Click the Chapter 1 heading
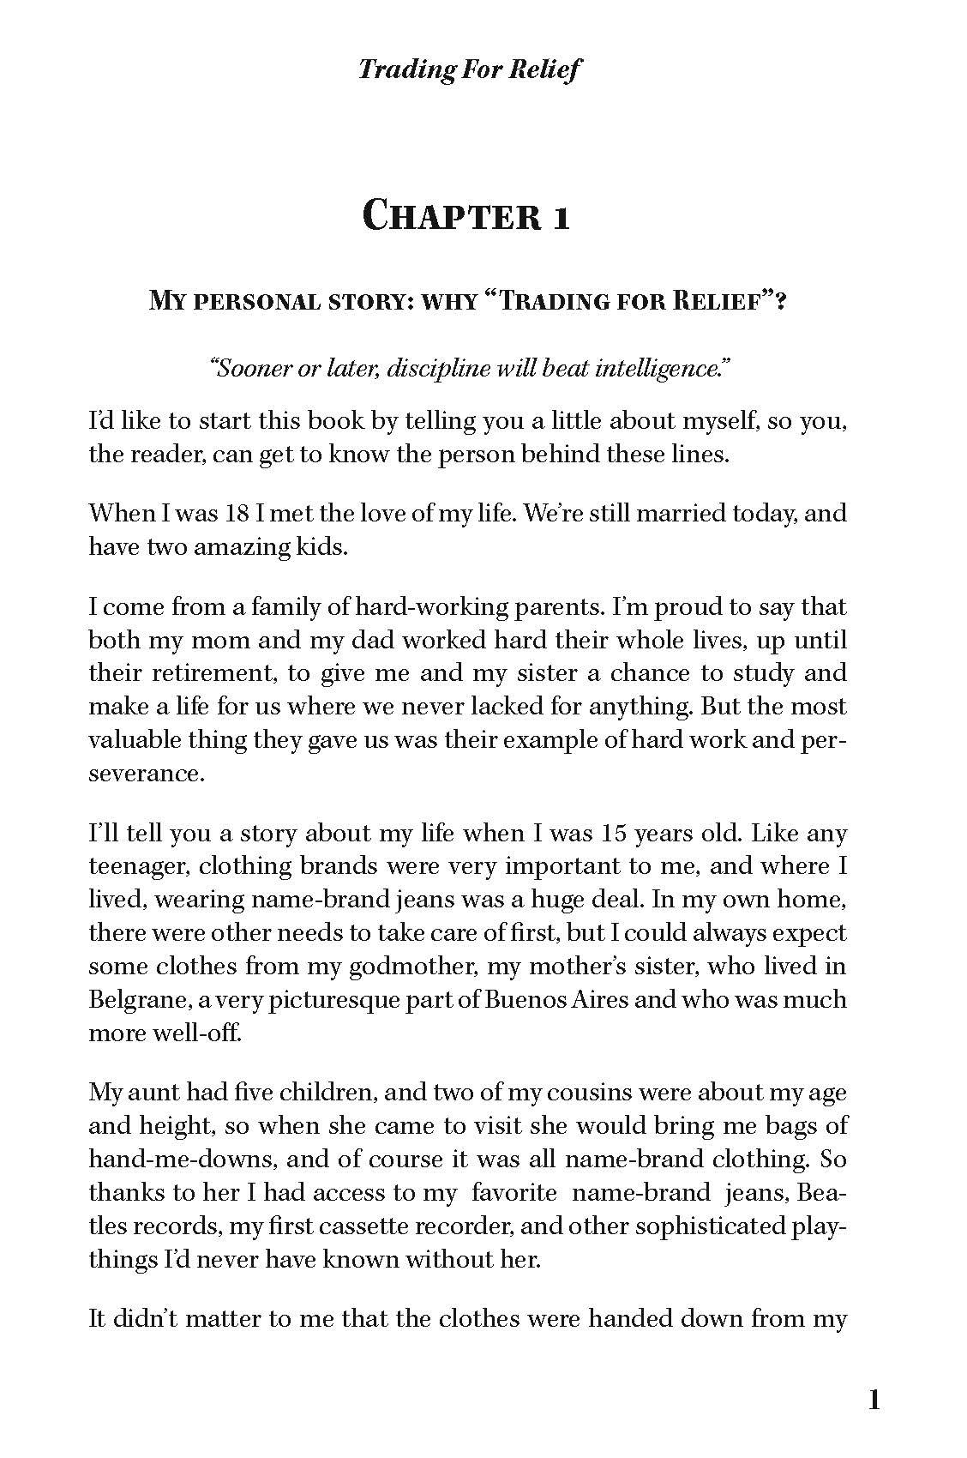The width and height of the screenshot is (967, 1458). tap(466, 214)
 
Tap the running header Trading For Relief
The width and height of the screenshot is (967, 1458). tap(468, 69)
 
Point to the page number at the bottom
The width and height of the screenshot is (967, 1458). tap(874, 1401)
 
